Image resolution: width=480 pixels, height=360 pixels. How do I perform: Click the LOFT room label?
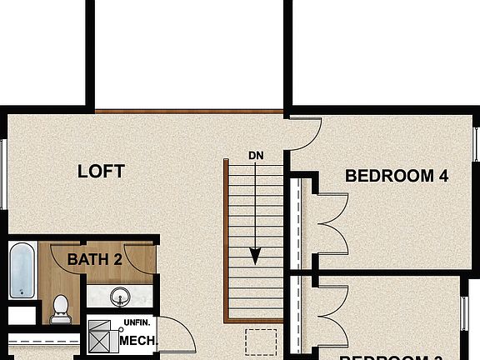[x=101, y=172]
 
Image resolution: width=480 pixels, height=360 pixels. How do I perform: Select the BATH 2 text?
[x=95, y=259]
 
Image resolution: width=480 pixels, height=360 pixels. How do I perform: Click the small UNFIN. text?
[x=137, y=322]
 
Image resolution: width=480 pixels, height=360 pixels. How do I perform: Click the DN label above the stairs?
[x=256, y=155]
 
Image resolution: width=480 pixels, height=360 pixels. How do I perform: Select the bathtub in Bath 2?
[x=22, y=270]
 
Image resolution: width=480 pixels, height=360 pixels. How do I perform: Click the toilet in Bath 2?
[x=60, y=308]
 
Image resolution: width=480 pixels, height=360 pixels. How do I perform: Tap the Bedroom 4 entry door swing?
[x=305, y=132]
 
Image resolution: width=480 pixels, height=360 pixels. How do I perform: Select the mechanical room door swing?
[x=177, y=337]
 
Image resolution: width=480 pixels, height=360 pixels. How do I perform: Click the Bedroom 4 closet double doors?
[x=330, y=222]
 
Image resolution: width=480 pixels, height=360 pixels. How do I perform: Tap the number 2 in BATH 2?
[x=118, y=259]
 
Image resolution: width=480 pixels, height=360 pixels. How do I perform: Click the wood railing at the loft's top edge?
[x=189, y=111]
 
